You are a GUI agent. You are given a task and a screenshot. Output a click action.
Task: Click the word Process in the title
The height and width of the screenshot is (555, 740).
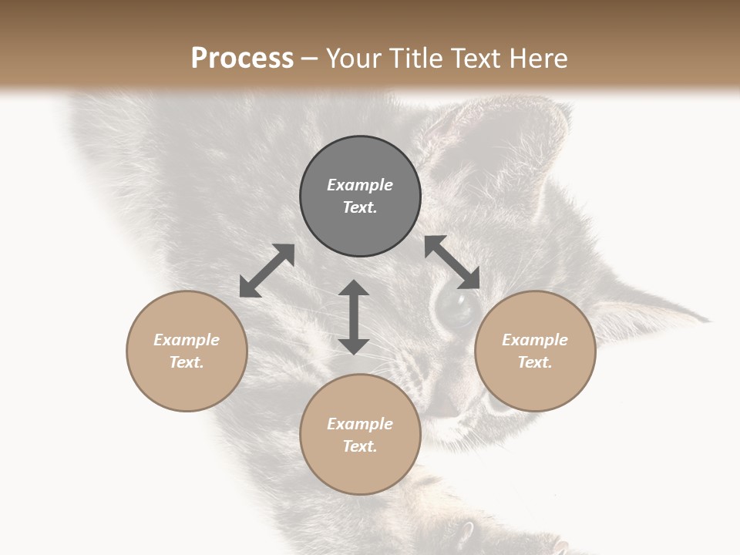tap(242, 59)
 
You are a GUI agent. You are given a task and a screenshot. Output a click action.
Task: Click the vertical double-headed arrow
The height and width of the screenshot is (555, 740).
tap(354, 318)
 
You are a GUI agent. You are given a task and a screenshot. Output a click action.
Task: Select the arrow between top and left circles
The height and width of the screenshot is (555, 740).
tap(267, 271)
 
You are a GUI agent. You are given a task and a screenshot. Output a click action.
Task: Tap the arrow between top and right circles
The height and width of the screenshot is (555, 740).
tap(452, 262)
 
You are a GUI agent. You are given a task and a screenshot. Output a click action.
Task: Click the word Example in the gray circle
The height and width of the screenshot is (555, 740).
tap(360, 185)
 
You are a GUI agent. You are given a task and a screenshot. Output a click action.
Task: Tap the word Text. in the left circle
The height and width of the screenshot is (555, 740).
tap(187, 362)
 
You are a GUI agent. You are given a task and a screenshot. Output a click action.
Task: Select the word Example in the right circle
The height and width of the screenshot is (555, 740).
tap(535, 340)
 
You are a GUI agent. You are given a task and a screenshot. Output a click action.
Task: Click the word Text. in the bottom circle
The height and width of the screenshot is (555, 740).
tap(360, 446)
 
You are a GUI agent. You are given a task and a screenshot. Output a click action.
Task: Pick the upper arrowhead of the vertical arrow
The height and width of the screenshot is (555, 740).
tap(354, 288)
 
